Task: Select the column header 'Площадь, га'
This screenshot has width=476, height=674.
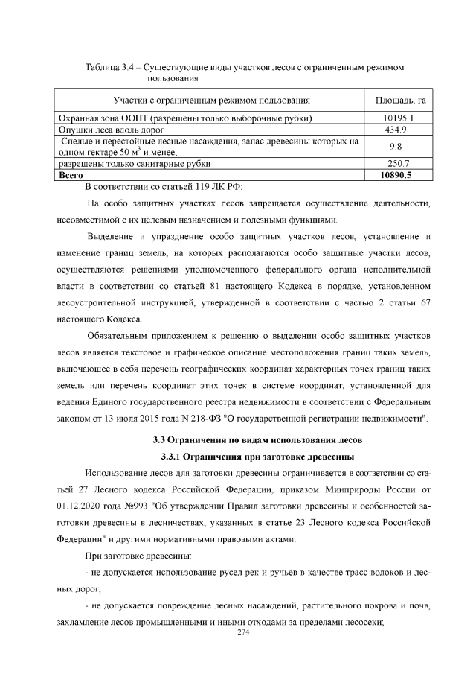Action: pos(400,100)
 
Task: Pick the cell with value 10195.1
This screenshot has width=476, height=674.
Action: pos(400,118)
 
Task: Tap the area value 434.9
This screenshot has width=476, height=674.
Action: pos(400,129)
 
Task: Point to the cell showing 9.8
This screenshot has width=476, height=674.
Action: pos(400,146)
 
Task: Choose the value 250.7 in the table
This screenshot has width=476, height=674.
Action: pos(400,163)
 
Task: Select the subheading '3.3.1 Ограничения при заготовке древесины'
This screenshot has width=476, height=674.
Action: pos(258,456)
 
